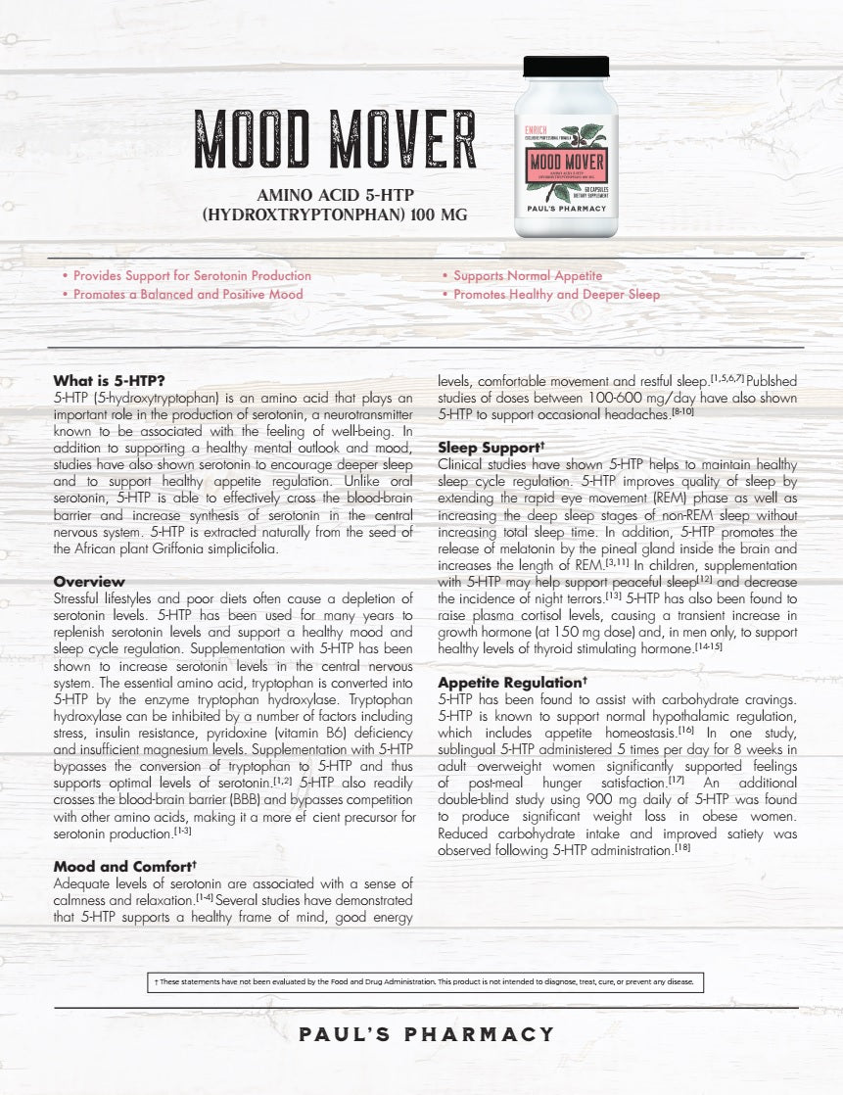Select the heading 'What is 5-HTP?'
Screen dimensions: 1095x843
tap(109, 380)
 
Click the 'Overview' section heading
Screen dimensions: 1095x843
tap(89, 582)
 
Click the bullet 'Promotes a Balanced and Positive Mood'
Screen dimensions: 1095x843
tap(188, 294)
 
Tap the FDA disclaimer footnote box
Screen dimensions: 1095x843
tap(424, 981)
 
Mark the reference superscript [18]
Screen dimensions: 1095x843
tap(682, 848)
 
